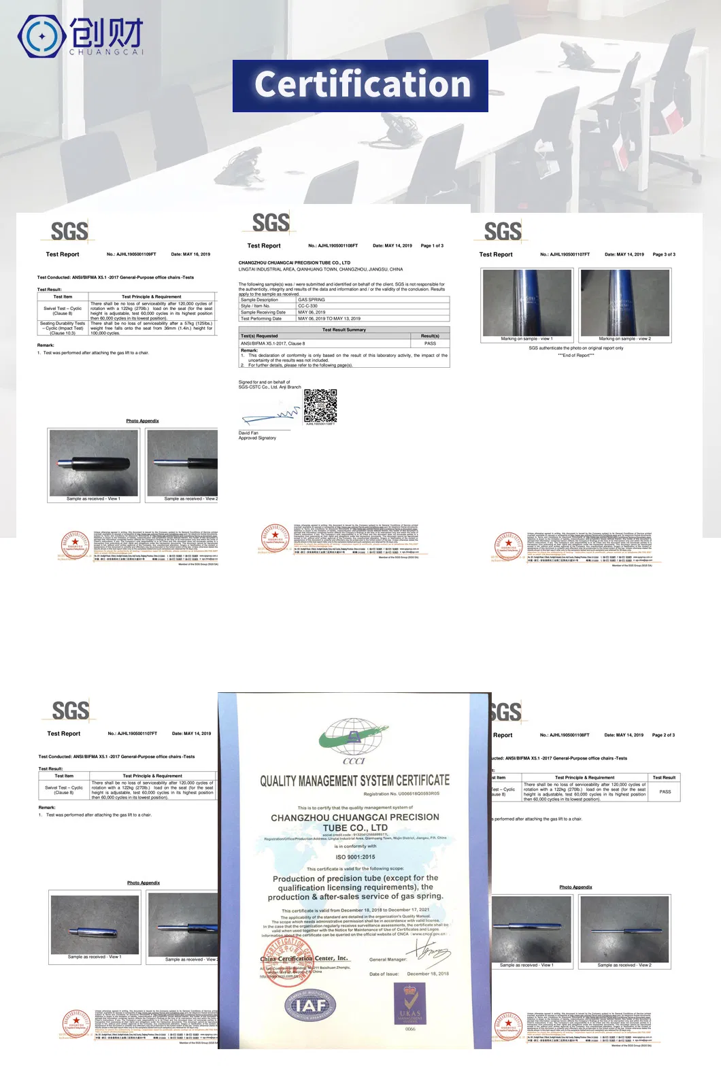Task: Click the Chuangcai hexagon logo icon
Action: coord(42,36)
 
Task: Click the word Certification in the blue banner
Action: coord(361,85)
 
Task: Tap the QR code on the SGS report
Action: coord(320,406)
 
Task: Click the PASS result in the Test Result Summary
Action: coord(430,343)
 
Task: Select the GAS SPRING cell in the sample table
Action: coord(312,300)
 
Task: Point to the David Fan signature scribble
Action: coord(270,415)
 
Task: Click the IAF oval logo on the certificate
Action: coord(310,1006)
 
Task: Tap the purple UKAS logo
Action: coord(409,1004)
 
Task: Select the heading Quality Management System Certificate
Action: coord(354,781)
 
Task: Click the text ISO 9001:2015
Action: coord(355,857)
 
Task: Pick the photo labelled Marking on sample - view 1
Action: coord(526,303)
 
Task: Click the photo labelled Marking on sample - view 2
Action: coord(624,303)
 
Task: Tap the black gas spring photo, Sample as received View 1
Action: coord(94,463)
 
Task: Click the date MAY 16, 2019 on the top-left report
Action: coord(190,254)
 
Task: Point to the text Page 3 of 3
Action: coord(664,254)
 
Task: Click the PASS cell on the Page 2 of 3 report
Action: coord(665,791)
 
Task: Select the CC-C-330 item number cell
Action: coord(307,306)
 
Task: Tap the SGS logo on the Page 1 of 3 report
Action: coord(271,223)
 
